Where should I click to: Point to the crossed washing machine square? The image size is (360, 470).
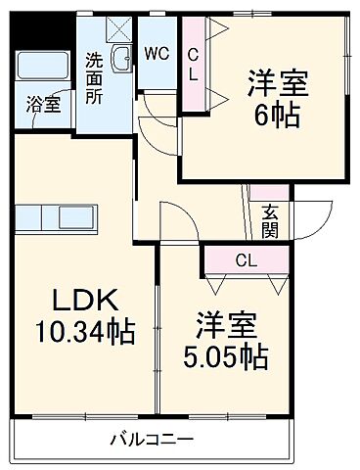point(121,29)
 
